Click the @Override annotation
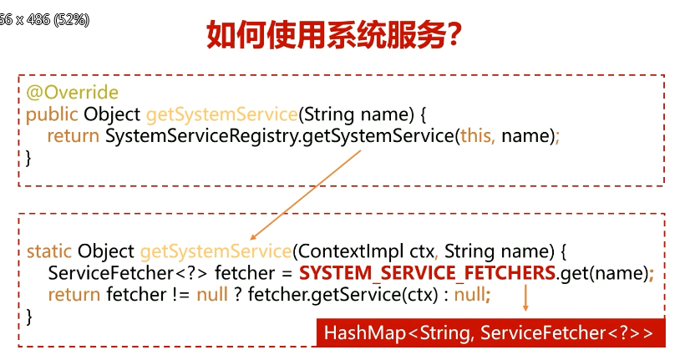72,93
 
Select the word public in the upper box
51,114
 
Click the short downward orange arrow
525,298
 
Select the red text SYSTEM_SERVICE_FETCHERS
427,273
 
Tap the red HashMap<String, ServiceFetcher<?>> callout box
490,333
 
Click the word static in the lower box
48,251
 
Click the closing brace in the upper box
29,156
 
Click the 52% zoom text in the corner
72,19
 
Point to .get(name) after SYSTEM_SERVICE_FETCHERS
603,273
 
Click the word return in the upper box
74,134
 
